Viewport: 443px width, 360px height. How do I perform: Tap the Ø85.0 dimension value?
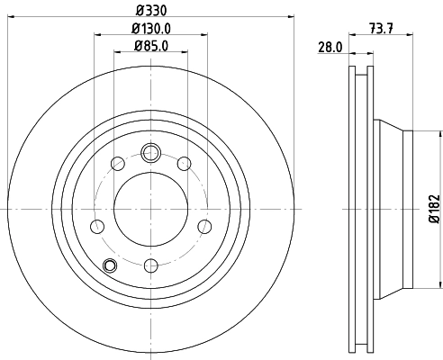150,45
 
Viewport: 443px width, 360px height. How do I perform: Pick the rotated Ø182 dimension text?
433,209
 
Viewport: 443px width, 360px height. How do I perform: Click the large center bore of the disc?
150,209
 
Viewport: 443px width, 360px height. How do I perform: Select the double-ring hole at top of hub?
150,151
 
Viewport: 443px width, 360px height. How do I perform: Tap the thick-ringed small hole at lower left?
111,265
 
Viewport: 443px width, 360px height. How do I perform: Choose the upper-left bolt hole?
117,163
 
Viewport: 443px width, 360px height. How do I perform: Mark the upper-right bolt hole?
184,163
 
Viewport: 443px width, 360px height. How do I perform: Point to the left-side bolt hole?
95,225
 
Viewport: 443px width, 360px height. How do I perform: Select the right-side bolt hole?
205,225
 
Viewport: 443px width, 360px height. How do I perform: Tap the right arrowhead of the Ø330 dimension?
291,14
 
